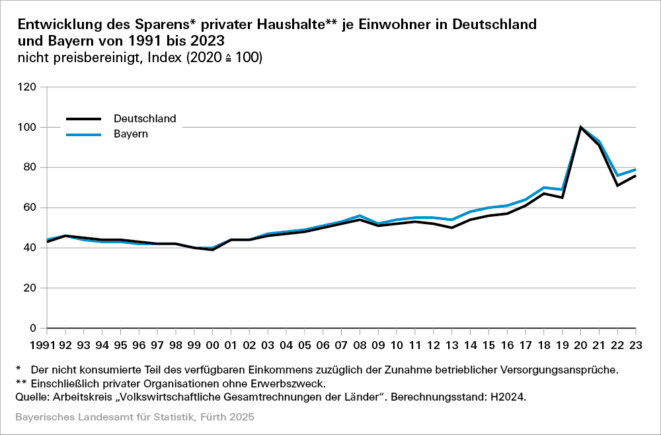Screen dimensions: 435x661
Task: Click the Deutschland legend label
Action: coord(145,119)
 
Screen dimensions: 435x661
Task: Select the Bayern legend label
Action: coord(130,134)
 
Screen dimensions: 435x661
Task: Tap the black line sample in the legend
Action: coord(83,119)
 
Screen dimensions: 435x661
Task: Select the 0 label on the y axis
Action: coord(32,329)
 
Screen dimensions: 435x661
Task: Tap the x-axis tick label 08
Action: coord(360,345)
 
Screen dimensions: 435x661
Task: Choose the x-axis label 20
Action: coord(581,345)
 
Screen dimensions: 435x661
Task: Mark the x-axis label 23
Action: coord(636,345)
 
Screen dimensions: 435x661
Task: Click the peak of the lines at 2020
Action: coord(581,127)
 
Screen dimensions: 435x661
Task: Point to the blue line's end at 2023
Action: coord(635,169)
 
